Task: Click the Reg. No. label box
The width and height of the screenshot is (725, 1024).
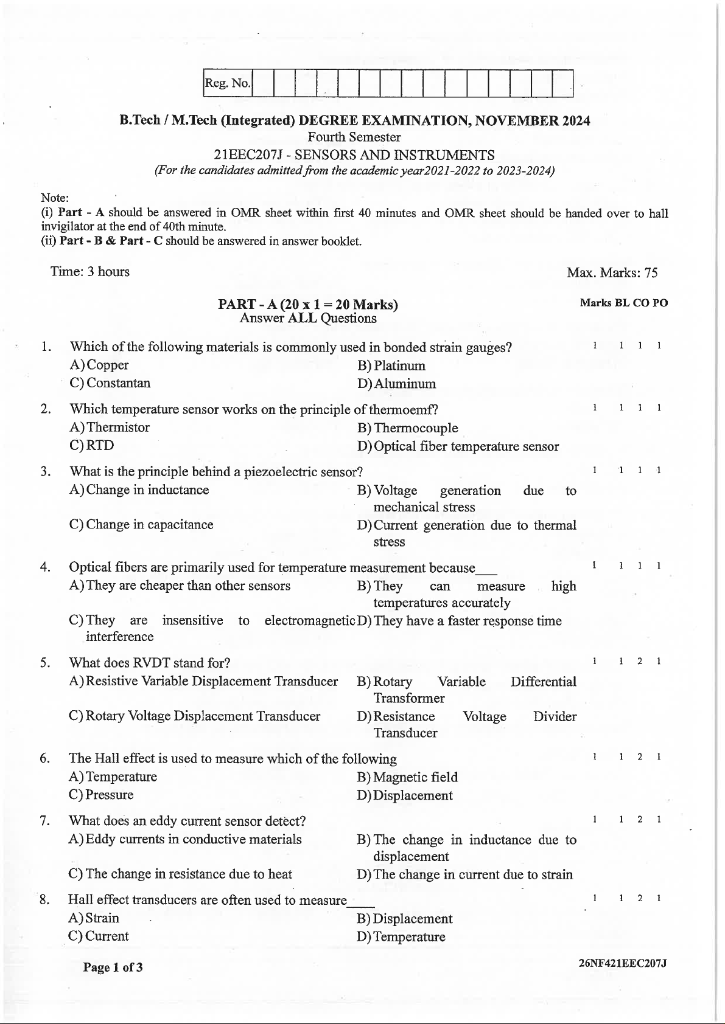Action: [227, 83]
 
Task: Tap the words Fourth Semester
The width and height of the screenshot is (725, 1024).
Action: [354, 137]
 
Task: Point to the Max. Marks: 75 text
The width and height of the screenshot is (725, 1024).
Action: [612, 272]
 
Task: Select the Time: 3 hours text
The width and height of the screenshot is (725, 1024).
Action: [90, 272]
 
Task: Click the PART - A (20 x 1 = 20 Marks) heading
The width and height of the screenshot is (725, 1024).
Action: [307, 304]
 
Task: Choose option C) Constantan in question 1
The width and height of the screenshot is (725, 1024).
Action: [110, 383]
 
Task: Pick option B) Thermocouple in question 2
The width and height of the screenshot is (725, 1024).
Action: [408, 428]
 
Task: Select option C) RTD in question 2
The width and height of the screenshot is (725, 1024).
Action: [92, 445]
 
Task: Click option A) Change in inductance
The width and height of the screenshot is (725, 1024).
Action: [139, 490]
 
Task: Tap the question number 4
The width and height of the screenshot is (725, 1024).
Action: [45, 567]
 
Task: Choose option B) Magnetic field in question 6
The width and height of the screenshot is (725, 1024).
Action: [407, 777]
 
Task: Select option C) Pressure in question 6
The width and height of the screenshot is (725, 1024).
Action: [101, 795]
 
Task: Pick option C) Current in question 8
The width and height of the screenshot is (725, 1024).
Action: [99, 936]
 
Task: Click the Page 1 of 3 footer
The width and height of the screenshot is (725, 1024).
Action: [113, 967]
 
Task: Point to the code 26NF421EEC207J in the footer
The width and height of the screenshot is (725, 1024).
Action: [623, 964]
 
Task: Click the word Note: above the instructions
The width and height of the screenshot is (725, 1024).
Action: [55, 198]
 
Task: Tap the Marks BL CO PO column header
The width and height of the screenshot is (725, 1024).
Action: [623, 303]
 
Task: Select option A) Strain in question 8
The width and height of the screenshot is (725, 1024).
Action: [94, 918]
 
